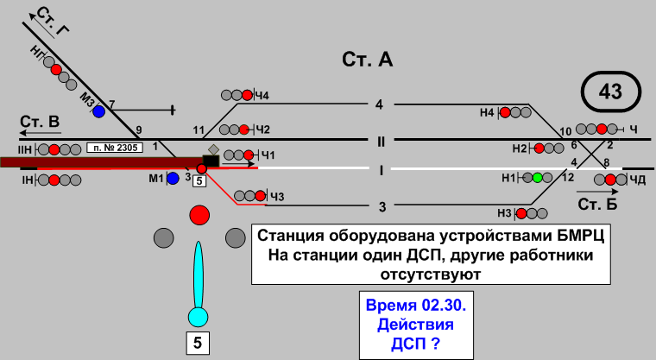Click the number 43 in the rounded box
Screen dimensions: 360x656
(x=610, y=92)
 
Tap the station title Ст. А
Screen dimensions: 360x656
(x=368, y=60)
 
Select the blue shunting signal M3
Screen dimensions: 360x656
(x=99, y=111)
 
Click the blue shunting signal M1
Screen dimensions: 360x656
(x=173, y=178)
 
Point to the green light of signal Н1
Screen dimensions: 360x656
(x=537, y=178)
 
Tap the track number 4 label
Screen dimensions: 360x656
(x=379, y=104)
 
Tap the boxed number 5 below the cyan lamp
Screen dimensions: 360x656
(x=198, y=343)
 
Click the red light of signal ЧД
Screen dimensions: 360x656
(x=610, y=180)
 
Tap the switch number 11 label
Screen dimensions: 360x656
(x=198, y=131)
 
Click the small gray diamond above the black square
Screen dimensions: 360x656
(x=213, y=150)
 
